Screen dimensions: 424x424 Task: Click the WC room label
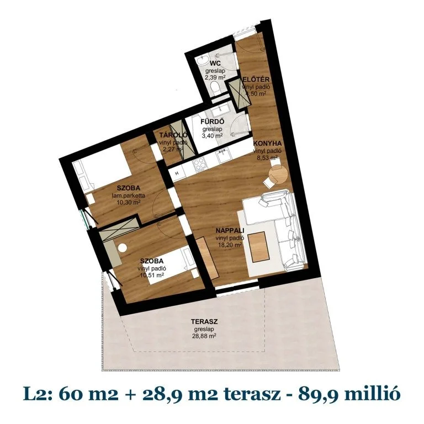[x=216, y=65]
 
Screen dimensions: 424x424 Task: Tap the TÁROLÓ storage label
[x=171, y=135]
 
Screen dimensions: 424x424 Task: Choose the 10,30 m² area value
[x=128, y=202]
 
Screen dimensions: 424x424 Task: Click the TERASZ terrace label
[x=202, y=321]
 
